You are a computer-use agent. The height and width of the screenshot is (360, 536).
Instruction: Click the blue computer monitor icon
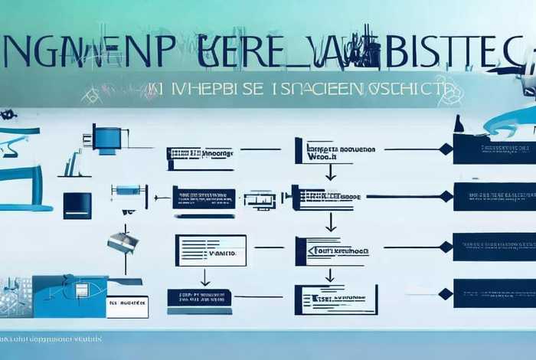[x=106, y=139]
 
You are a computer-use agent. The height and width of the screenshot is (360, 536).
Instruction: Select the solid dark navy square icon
[x=77, y=205]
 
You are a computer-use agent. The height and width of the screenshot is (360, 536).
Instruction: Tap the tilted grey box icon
[x=123, y=243]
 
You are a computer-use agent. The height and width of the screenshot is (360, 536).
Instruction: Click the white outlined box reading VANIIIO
[x=211, y=250]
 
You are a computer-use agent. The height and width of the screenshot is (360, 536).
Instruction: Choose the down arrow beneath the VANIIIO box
[x=204, y=277]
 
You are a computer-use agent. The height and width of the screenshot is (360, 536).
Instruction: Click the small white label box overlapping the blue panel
[x=127, y=306]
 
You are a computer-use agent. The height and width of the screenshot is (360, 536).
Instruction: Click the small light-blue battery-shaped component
[x=128, y=189]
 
